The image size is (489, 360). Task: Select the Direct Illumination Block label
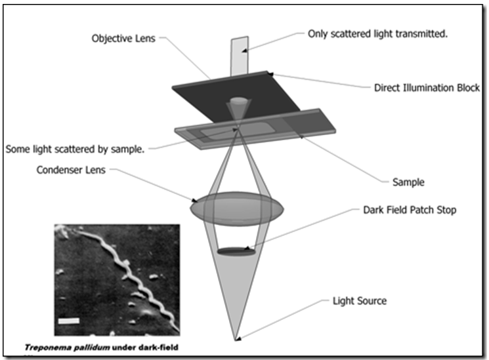click(427, 88)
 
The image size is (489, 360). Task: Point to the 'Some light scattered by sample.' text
click(74, 149)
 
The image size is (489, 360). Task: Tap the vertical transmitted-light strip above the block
click(238, 56)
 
